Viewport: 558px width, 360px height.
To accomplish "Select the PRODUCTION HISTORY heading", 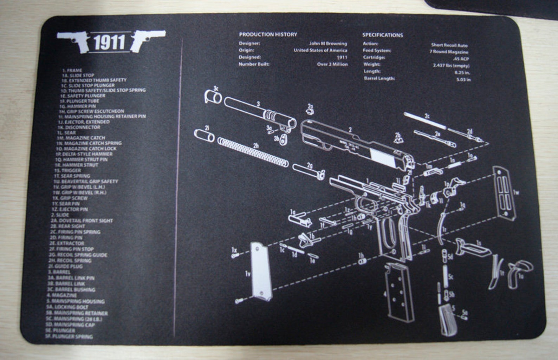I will tap(268, 34).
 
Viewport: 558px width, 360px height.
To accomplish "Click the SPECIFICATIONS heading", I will tap(382, 35).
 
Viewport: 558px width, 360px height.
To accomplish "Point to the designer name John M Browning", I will tap(328, 44).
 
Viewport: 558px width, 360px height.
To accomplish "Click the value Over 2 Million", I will tap(332, 64).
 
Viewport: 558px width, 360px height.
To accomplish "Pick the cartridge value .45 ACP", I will tap(461, 59).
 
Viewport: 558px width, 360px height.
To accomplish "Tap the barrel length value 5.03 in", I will tap(463, 80).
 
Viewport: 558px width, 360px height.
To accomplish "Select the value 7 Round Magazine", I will tap(449, 52).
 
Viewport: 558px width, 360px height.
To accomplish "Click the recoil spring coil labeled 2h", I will tap(253, 152).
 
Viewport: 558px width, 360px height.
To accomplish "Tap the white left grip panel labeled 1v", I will tap(261, 271).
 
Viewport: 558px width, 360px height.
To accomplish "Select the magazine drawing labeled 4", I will tap(399, 292).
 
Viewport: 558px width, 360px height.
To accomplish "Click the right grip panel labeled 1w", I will tap(505, 193).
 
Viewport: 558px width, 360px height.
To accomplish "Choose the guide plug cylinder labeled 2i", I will tap(204, 135).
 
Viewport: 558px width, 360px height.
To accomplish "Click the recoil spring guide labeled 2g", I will tap(307, 171).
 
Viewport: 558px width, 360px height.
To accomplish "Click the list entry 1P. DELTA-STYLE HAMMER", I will tap(84, 154).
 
